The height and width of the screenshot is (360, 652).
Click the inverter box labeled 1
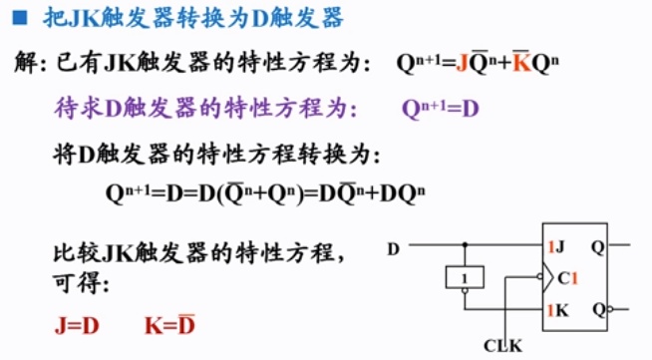click(466, 276)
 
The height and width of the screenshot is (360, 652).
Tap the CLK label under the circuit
click(502, 345)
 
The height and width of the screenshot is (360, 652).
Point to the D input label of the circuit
click(394, 247)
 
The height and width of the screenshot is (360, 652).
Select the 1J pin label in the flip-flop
click(556, 245)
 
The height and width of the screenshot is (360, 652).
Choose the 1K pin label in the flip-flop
click(556, 311)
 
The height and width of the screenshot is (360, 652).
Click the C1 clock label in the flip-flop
click(567, 277)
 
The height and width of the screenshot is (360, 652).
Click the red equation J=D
click(78, 324)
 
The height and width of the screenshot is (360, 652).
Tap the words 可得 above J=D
click(75, 283)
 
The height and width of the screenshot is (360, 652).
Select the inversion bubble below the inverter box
click(466, 291)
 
